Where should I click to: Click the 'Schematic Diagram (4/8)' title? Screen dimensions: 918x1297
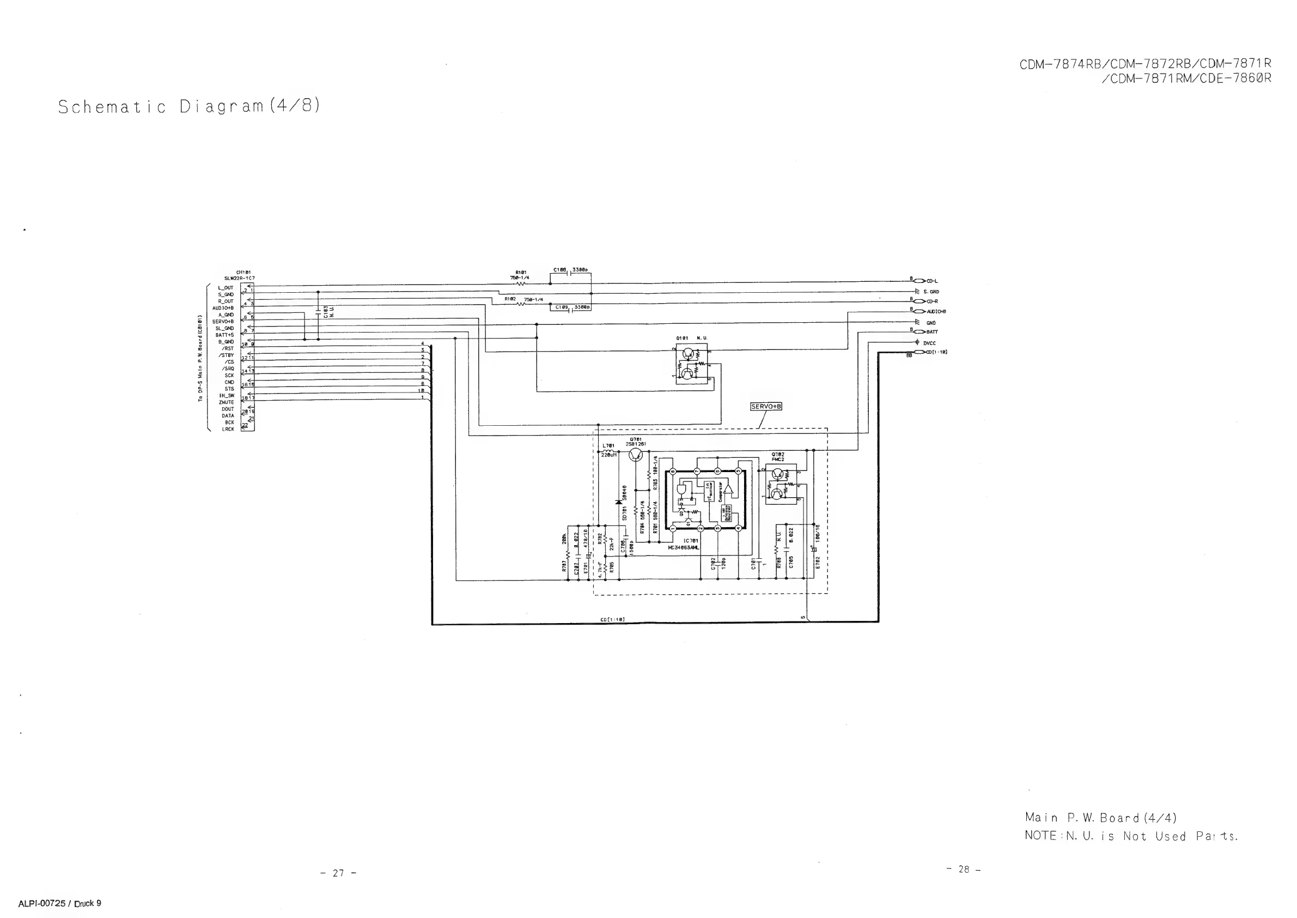189,106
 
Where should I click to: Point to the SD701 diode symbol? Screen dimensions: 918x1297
619,502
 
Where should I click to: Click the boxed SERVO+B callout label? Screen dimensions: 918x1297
766,407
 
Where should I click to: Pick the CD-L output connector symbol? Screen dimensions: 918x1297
920,281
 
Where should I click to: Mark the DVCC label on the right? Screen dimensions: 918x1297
930,343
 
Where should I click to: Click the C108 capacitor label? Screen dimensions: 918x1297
559,270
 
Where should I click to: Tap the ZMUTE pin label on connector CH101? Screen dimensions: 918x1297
227,402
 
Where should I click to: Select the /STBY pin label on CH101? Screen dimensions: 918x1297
227,355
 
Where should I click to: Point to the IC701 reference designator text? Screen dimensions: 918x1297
690,541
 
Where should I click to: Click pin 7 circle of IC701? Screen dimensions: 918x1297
697,471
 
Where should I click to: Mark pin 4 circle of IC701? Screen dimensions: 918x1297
738,528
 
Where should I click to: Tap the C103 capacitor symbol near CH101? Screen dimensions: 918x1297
318,311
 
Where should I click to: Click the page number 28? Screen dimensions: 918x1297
964,869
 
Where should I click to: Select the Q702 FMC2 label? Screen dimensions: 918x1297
778,457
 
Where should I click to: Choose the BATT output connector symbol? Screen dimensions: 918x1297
920,332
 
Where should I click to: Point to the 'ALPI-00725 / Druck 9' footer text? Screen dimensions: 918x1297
60,903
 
